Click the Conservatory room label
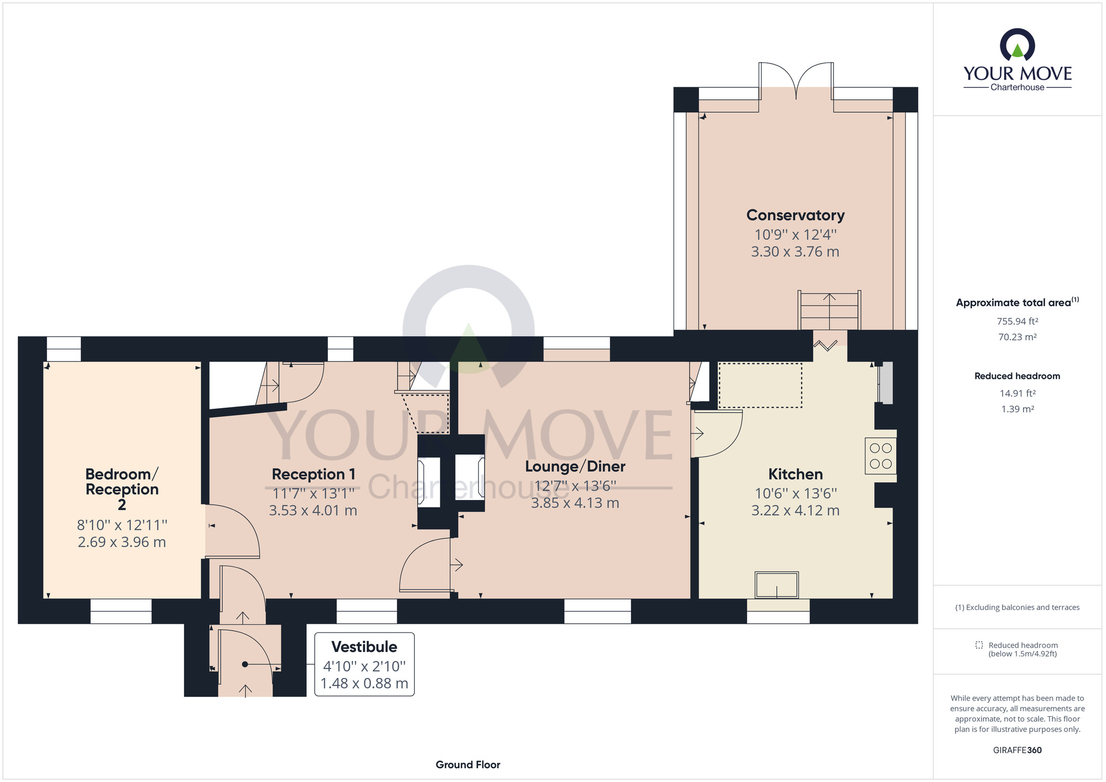point(795,215)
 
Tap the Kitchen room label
point(795,474)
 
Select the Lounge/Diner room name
point(575,466)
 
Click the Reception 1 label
point(313,474)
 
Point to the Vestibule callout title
point(364,647)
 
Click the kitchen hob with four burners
point(880,456)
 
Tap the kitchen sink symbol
point(776,585)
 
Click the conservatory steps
point(829,311)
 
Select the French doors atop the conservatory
point(796,80)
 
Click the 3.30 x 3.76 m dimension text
point(795,252)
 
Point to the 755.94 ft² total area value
point(1017,321)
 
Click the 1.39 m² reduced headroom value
point(1017,409)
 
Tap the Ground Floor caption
point(468,764)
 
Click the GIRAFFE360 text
point(1017,750)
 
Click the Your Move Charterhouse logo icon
point(1017,45)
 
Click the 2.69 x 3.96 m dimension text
point(122,542)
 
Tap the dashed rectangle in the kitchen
point(760,385)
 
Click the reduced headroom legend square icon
point(979,645)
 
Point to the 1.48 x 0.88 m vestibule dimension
point(364,684)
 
